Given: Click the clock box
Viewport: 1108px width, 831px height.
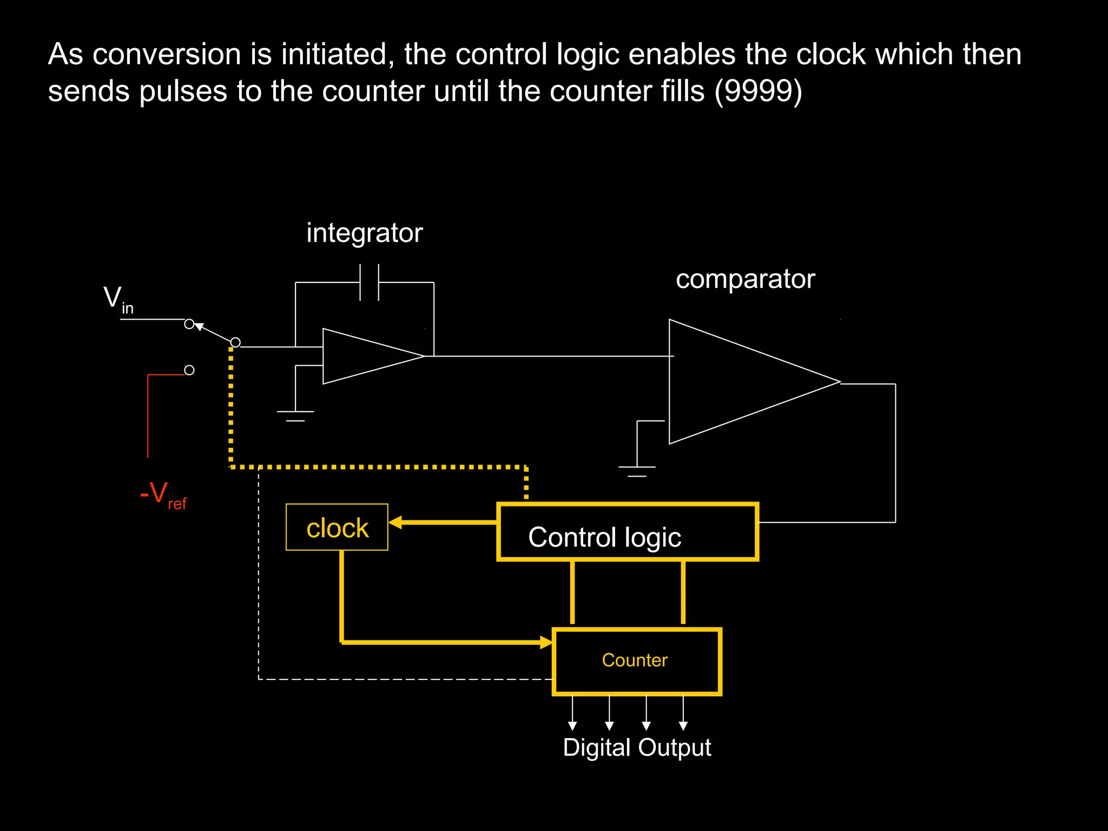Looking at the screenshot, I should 337,527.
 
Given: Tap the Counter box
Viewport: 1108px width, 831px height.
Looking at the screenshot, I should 637,661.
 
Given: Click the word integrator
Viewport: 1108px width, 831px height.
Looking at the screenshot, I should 364,233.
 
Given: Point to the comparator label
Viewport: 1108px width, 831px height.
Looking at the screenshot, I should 745,279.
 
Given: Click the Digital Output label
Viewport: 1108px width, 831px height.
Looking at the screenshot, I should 637,748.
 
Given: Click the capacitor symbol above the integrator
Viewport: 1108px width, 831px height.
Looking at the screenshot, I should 370,282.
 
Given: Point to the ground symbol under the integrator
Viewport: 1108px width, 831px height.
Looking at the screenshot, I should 295,415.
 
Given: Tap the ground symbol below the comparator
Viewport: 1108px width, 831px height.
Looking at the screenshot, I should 637,471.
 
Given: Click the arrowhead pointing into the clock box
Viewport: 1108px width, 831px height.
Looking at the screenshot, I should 395,522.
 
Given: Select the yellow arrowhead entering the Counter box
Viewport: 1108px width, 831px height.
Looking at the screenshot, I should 546,642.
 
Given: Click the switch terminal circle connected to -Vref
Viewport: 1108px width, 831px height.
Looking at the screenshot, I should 189,370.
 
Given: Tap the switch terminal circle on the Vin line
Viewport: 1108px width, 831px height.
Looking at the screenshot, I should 189,324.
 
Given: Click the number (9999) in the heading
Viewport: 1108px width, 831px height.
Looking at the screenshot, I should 758,91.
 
